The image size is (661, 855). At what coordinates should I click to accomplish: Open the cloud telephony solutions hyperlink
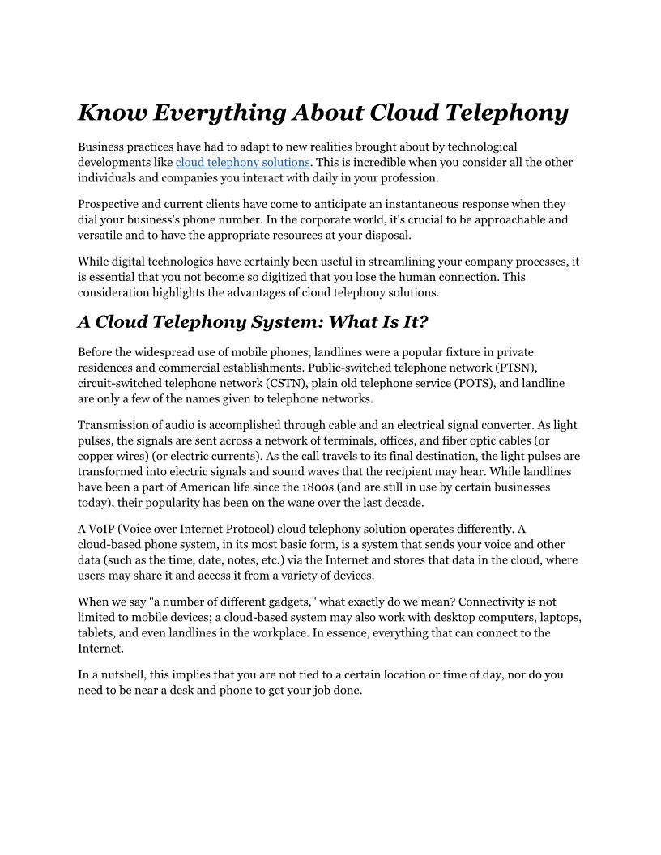[243, 162]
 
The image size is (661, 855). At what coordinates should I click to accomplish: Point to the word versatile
[101, 235]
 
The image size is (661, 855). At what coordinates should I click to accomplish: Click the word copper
[95, 456]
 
